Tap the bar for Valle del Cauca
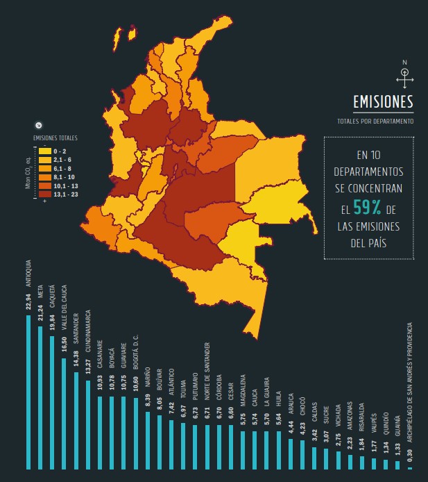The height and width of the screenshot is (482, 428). [x=64, y=414]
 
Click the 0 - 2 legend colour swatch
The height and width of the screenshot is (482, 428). [x=44, y=151]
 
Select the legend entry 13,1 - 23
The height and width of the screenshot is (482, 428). [x=60, y=195]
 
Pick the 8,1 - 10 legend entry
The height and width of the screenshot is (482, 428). [x=60, y=177]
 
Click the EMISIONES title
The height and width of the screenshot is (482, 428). [x=383, y=102]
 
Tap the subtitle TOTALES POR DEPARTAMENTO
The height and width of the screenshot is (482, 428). [x=382, y=121]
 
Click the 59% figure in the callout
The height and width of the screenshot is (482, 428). [x=366, y=208]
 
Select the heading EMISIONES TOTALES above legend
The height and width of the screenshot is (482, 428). [x=56, y=138]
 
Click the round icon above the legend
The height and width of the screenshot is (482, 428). [x=39, y=126]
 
